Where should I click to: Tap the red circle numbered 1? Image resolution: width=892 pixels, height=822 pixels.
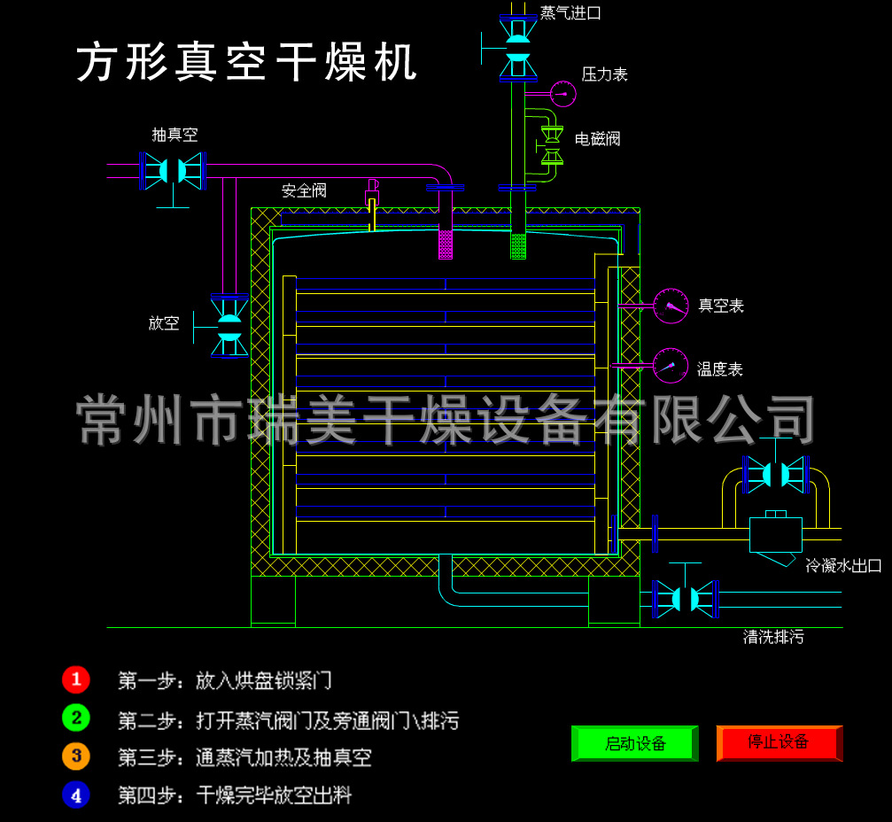[x=76, y=679]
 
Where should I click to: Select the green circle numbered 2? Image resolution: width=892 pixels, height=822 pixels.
[x=76, y=718]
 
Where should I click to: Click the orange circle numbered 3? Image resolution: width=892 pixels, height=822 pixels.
[x=76, y=756]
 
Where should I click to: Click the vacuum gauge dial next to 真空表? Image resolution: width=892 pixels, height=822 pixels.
[x=671, y=306]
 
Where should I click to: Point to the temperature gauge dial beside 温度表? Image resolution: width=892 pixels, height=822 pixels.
[x=671, y=366]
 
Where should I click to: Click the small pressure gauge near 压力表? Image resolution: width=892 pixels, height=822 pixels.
[x=562, y=92]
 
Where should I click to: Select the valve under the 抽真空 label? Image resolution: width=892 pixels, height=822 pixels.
[x=174, y=170]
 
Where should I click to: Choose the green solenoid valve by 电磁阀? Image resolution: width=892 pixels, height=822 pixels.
[x=553, y=145]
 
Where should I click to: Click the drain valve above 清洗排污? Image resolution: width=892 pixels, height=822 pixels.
[x=684, y=599]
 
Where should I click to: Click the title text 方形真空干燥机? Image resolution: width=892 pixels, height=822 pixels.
[x=246, y=63]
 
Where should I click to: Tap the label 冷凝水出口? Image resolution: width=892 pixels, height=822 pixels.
[x=843, y=565]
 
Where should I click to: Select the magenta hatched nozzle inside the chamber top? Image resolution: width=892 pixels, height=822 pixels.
[x=446, y=244]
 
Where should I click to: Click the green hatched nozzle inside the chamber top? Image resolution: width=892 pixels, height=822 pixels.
[x=518, y=245]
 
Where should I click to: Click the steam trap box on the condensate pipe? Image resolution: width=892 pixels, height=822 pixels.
[x=775, y=535]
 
